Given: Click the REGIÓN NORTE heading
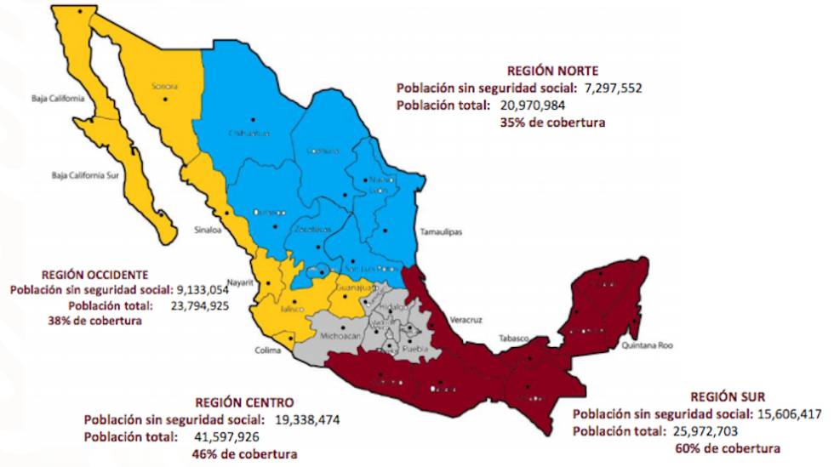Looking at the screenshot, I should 552,71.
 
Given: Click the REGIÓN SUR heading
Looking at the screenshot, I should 728,396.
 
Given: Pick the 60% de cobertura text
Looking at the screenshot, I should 727,448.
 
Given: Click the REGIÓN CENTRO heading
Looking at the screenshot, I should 244,402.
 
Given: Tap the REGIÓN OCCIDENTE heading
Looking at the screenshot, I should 94,275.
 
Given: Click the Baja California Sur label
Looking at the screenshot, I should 83,176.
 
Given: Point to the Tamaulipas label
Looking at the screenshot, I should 441,231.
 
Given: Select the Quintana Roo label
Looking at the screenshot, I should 648,346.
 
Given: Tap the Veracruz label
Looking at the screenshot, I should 466,320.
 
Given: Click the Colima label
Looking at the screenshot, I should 267,348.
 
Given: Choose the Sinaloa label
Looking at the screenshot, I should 208,229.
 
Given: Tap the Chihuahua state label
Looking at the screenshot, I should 248,134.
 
